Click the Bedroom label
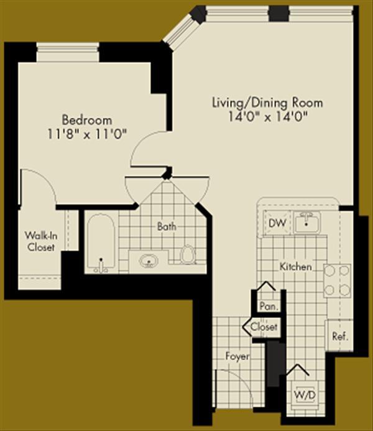coord(86,119)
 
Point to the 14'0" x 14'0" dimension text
coord(268,115)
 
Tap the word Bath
coord(167,227)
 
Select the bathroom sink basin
coord(149,260)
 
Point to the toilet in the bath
coord(186,254)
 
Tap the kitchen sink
coord(306,222)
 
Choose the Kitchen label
coord(295,266)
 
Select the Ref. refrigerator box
coord(339,336)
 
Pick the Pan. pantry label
coord(268,306)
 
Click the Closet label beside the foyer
coord(264,327)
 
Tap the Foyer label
coord(238,357)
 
